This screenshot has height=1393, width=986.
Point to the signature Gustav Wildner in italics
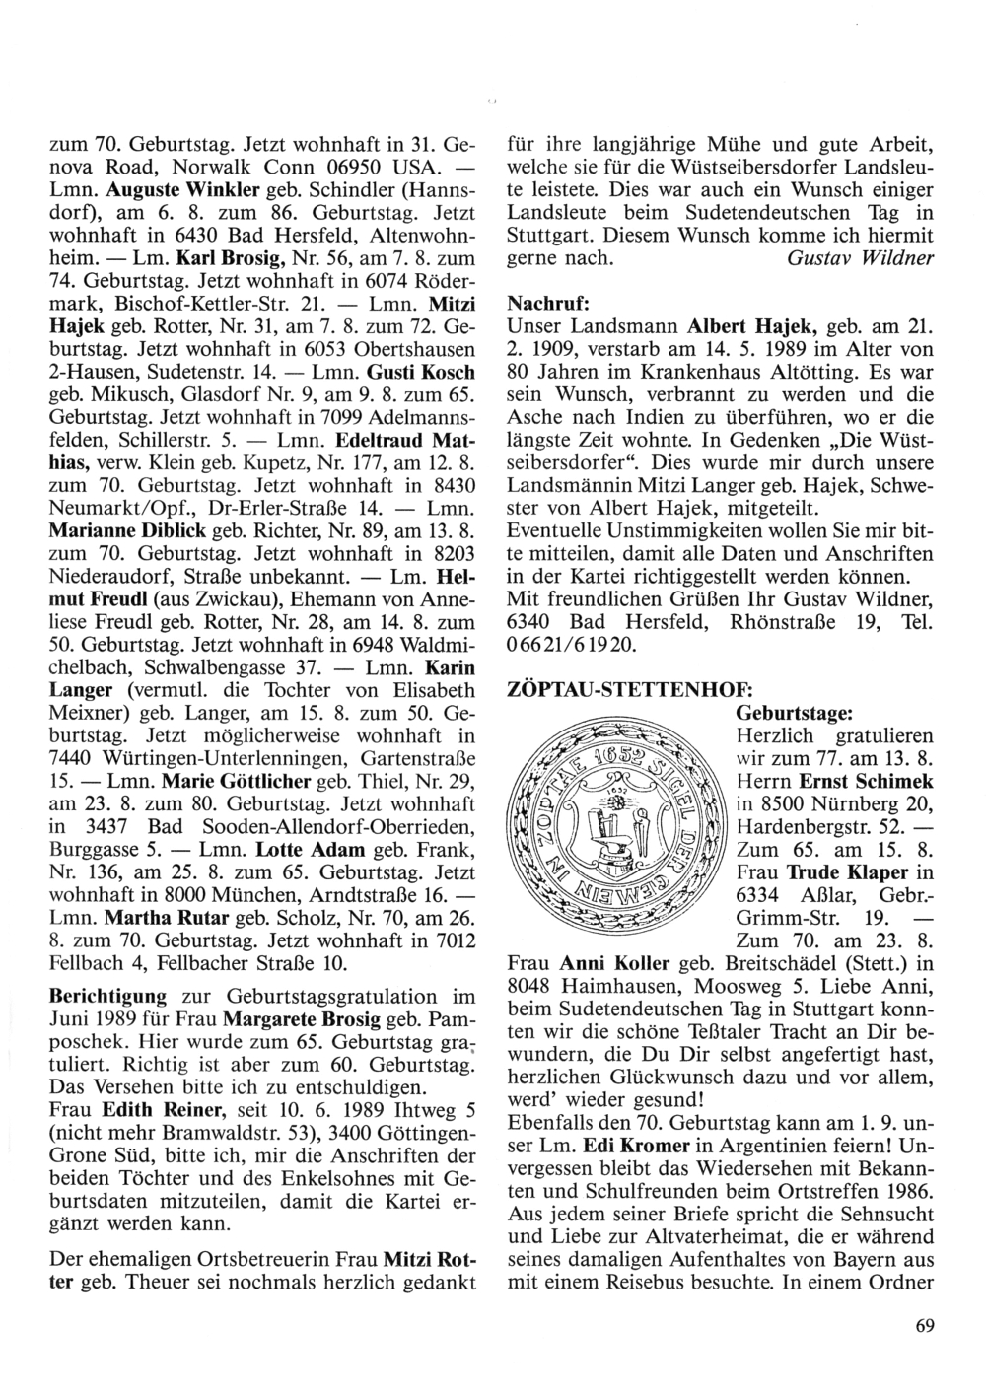[860, 258]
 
